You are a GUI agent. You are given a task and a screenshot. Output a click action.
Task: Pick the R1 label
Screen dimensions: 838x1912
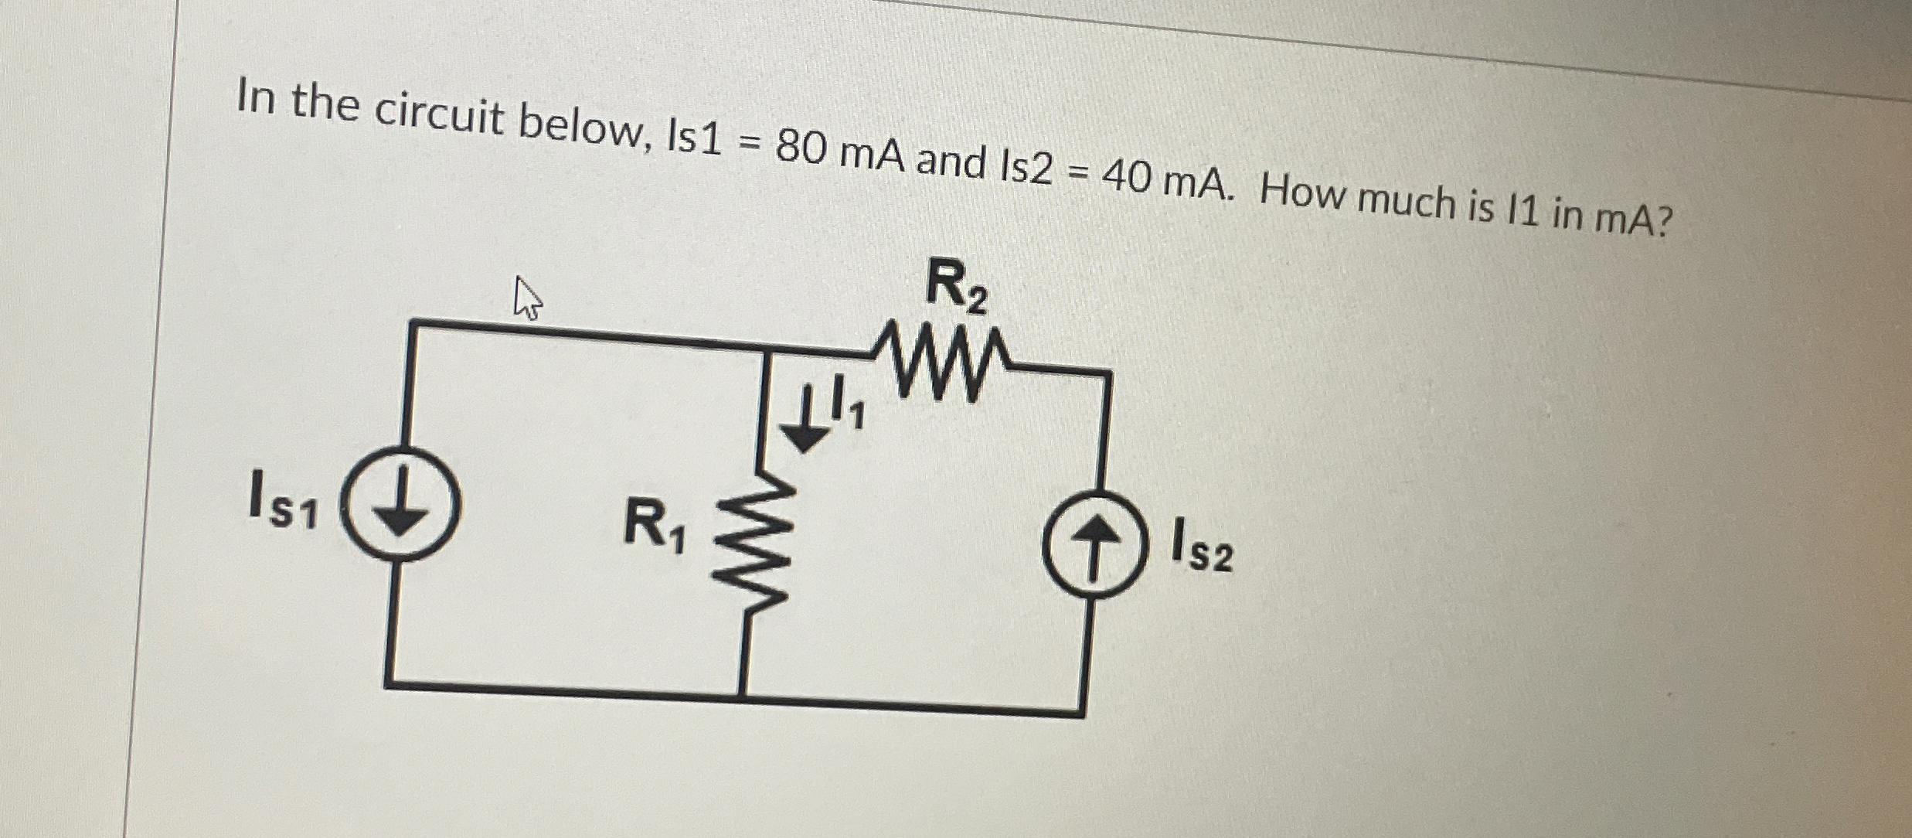pos(654,526)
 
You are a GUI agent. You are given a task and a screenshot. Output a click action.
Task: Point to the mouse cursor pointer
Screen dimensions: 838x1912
pos(527,300)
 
